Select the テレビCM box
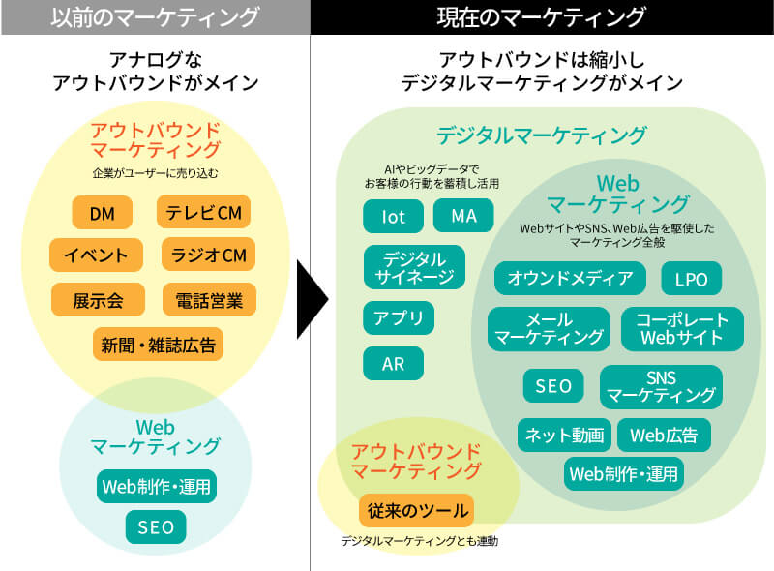point(203,212)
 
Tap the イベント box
point(96,255)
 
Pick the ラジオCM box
point(208,255)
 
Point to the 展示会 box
point(97,300)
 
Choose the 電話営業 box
point(209,300)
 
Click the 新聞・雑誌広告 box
point(158,344)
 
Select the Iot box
point(393,216)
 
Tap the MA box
point(463,216)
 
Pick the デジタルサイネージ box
point(414,268)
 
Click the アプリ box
point(399,317)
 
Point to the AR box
point(393,364)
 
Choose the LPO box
point(691,281)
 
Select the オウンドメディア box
point(570,280)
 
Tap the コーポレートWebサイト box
point(682,328)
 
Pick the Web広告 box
point(664,435)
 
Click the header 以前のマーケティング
point(155,17)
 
